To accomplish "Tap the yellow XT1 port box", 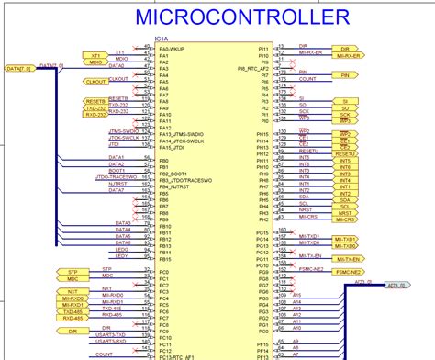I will coord(95,55).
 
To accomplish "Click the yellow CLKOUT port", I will coord(95,82).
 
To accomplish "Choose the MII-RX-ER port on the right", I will coord(346,55).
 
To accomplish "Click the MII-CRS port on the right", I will coord(346,220).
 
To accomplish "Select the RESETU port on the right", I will coord(346,152).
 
